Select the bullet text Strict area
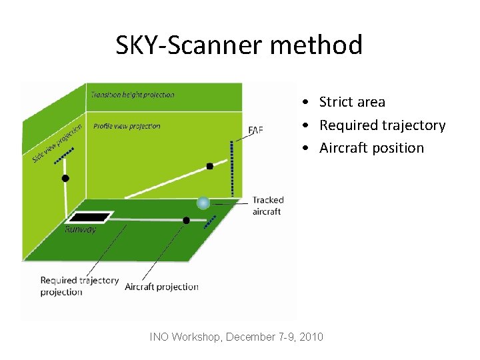tap(352, 102)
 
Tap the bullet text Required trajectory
tap(382, 125)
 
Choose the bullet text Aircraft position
tap(371, 148)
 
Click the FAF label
tap(255, 129)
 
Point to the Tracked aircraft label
tap(267, 205)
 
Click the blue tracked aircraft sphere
tap(203, 203)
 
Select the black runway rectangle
tap(90, 217)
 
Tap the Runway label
tap(80, 229)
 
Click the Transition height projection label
tap(133, 95)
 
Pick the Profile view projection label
tap(127, 126)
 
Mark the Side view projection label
tap(57, 143)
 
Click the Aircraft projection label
tap(161, 287)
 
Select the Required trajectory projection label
tap(79, 286)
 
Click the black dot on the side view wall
tap(65, 178)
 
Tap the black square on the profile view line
tap(209, 166)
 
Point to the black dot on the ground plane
tap(186, 220)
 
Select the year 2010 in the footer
tap(311, 337)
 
